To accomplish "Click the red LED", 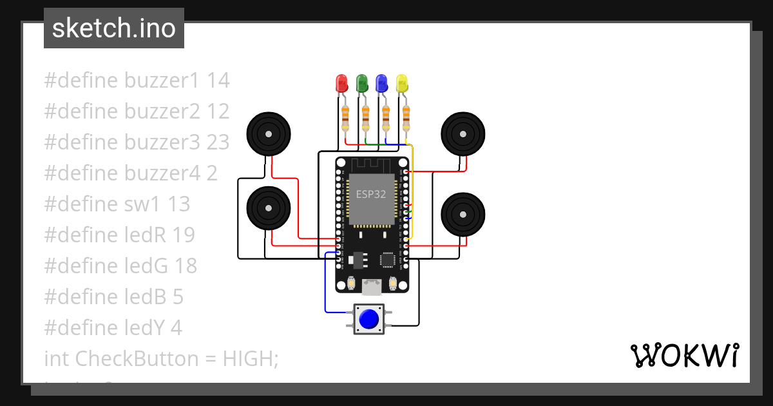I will click(x=341, y=82).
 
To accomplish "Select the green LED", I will click(x=362, y=82).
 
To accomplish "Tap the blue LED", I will click(x=382, y=82).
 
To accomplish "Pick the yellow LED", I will click(x=402, y=82).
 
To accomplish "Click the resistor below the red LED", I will click(x=345, y=118).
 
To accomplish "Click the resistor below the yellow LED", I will click(x=406, y=118).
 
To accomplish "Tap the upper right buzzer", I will click(x=463, y=134).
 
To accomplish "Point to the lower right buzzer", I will click(x=463, y=214).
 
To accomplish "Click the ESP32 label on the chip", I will click(x=371, y=193).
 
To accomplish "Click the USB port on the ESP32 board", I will click(x=372, y=285).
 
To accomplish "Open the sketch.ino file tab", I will click(x=114, y=28).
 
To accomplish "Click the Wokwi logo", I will click(x=684, y=355).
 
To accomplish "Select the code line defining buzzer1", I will click(x=137, y=81).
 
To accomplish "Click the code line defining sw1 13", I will click(x=117, y=204).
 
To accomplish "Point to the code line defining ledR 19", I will click(x=120, y=235).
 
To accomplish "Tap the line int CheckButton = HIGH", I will click(x=161, y=359).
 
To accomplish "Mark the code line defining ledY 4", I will click(x=113, y=328).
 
